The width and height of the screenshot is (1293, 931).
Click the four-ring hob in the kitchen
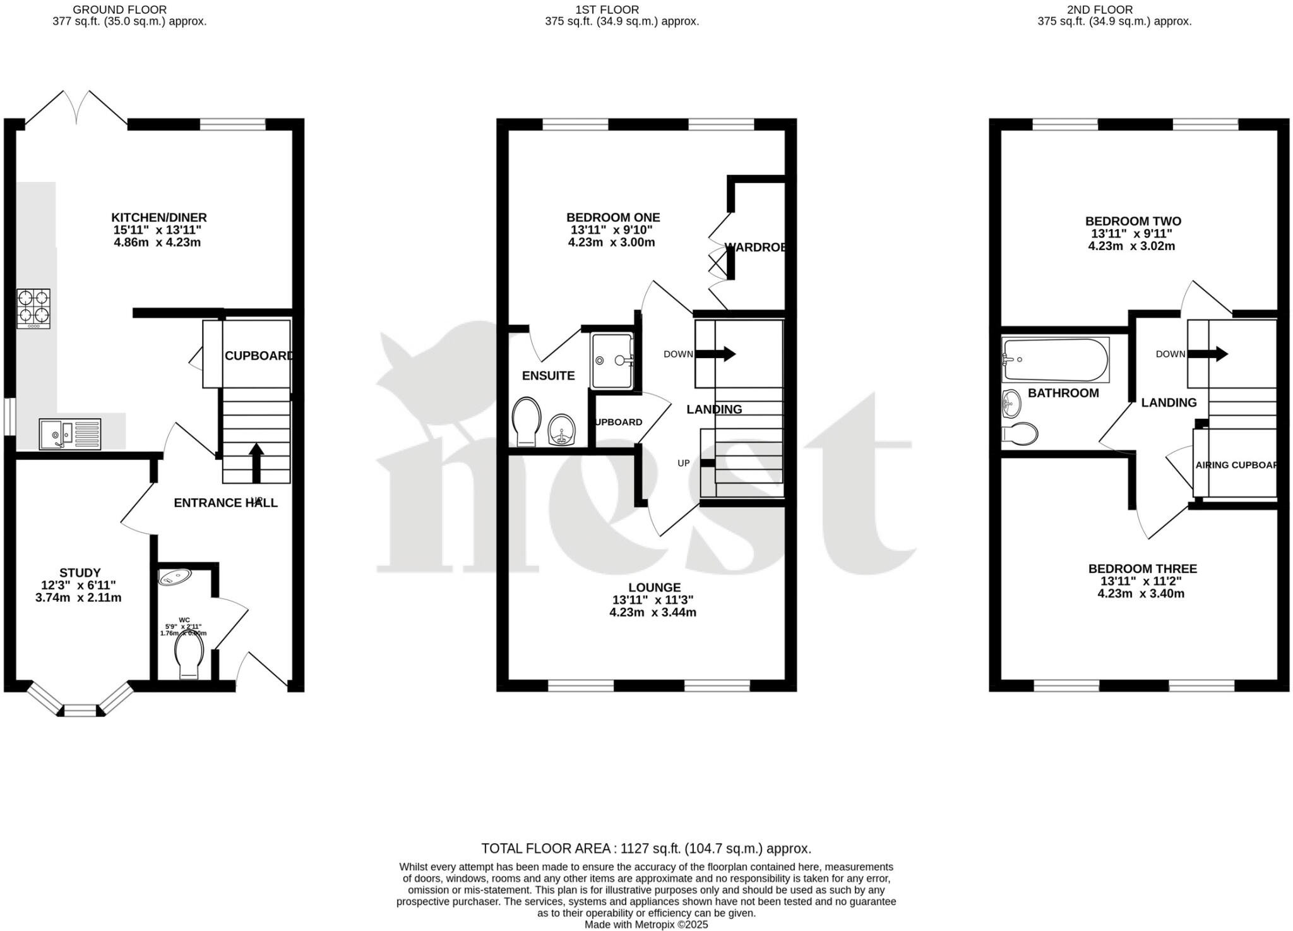tap(33, 308)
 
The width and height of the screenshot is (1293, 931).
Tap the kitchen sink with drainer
tap(69, 434)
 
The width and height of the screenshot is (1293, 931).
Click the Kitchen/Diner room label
tap(159, 217)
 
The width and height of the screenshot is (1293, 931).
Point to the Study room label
tap(80, 573)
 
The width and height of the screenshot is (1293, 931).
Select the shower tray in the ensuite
tap(612, 361)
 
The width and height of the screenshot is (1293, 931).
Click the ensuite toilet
tap(527, 421)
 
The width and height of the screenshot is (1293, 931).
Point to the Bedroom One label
tap(612, 217)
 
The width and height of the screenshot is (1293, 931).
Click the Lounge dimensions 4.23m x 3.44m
tap(653, 612)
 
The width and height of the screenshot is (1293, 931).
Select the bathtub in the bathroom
tap(1055, 360)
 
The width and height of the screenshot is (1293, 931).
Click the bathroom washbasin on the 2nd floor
tap(1011, 403)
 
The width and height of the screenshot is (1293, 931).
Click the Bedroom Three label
tap(1142, 568)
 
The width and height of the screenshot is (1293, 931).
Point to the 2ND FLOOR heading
tap(1108, 9)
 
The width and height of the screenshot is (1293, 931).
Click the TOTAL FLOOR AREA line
tap(646, 848)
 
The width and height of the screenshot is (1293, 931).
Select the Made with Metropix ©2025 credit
tap(646, 925)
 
